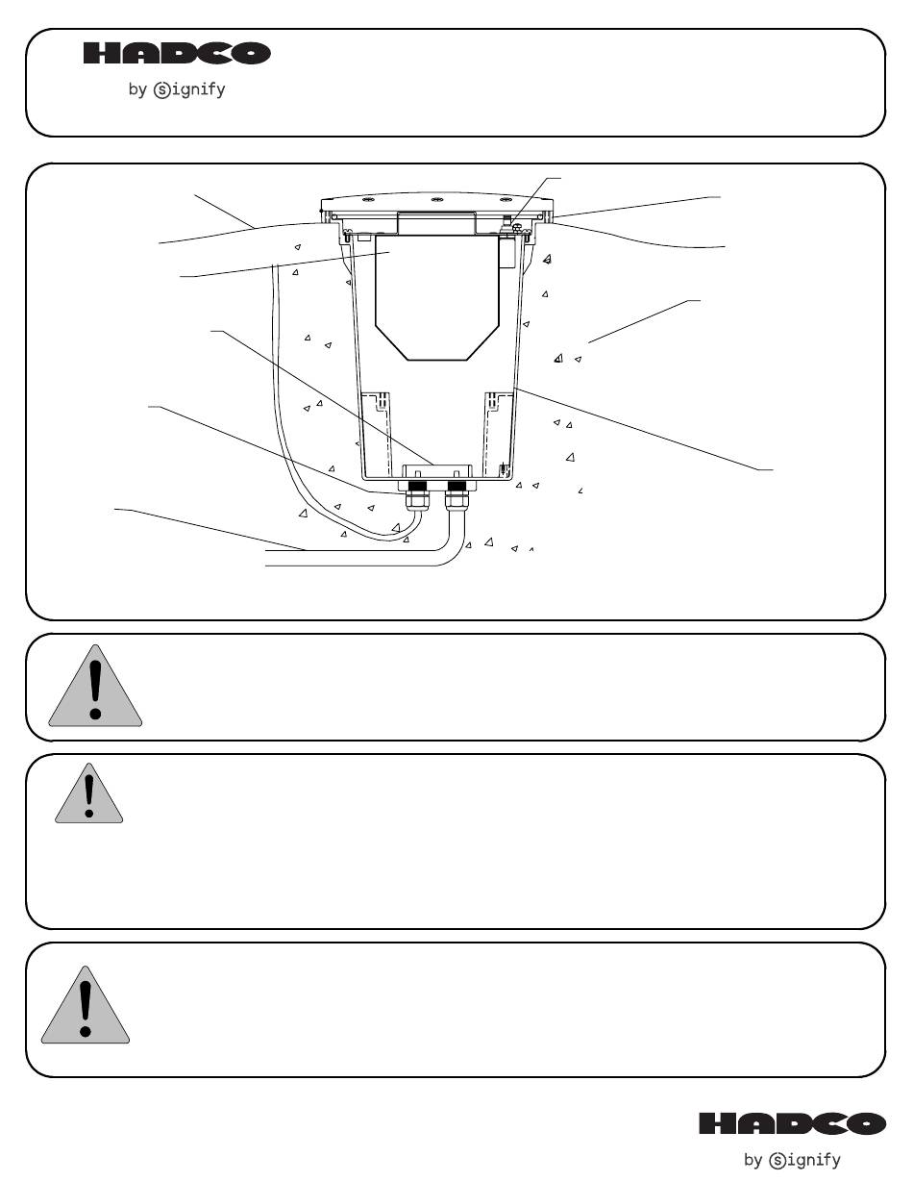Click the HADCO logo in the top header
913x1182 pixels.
click(177, 55)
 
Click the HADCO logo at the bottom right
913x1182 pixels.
click(792, 1123)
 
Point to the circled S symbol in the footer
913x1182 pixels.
click(777, 1161)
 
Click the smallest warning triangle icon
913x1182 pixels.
click(89, 794)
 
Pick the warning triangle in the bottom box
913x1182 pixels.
click(85, 1006)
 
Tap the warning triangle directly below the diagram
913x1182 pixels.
click(95, 686)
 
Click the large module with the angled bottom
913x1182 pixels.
click(436, 298)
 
